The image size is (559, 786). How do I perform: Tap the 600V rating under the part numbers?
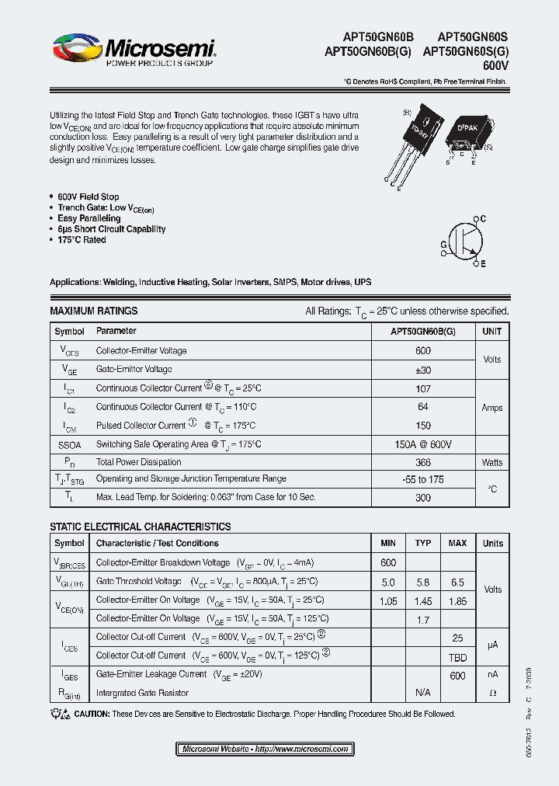click(495, 66)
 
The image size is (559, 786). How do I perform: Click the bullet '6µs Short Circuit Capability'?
click(111, 229)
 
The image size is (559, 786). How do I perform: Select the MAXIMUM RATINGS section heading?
click(93, 311)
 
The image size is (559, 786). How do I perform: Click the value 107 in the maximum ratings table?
click(423, 388)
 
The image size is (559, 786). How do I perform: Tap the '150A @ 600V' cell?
click(423, 444)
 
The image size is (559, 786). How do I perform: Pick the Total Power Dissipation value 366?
click(423, 463)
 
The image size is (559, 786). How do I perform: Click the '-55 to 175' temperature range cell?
click(423, 480)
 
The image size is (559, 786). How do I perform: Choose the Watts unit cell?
click(492, 463)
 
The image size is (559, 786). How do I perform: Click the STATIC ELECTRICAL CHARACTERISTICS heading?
click(140, 527)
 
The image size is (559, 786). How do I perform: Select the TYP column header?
click(423, 544)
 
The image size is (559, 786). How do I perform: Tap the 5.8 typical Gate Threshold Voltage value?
click(423, 582)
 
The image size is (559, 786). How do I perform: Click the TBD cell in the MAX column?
click(457, 656)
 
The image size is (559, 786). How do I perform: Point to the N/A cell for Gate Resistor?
click(423, 693)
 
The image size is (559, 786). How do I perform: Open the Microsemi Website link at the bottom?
click(265, 749)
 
